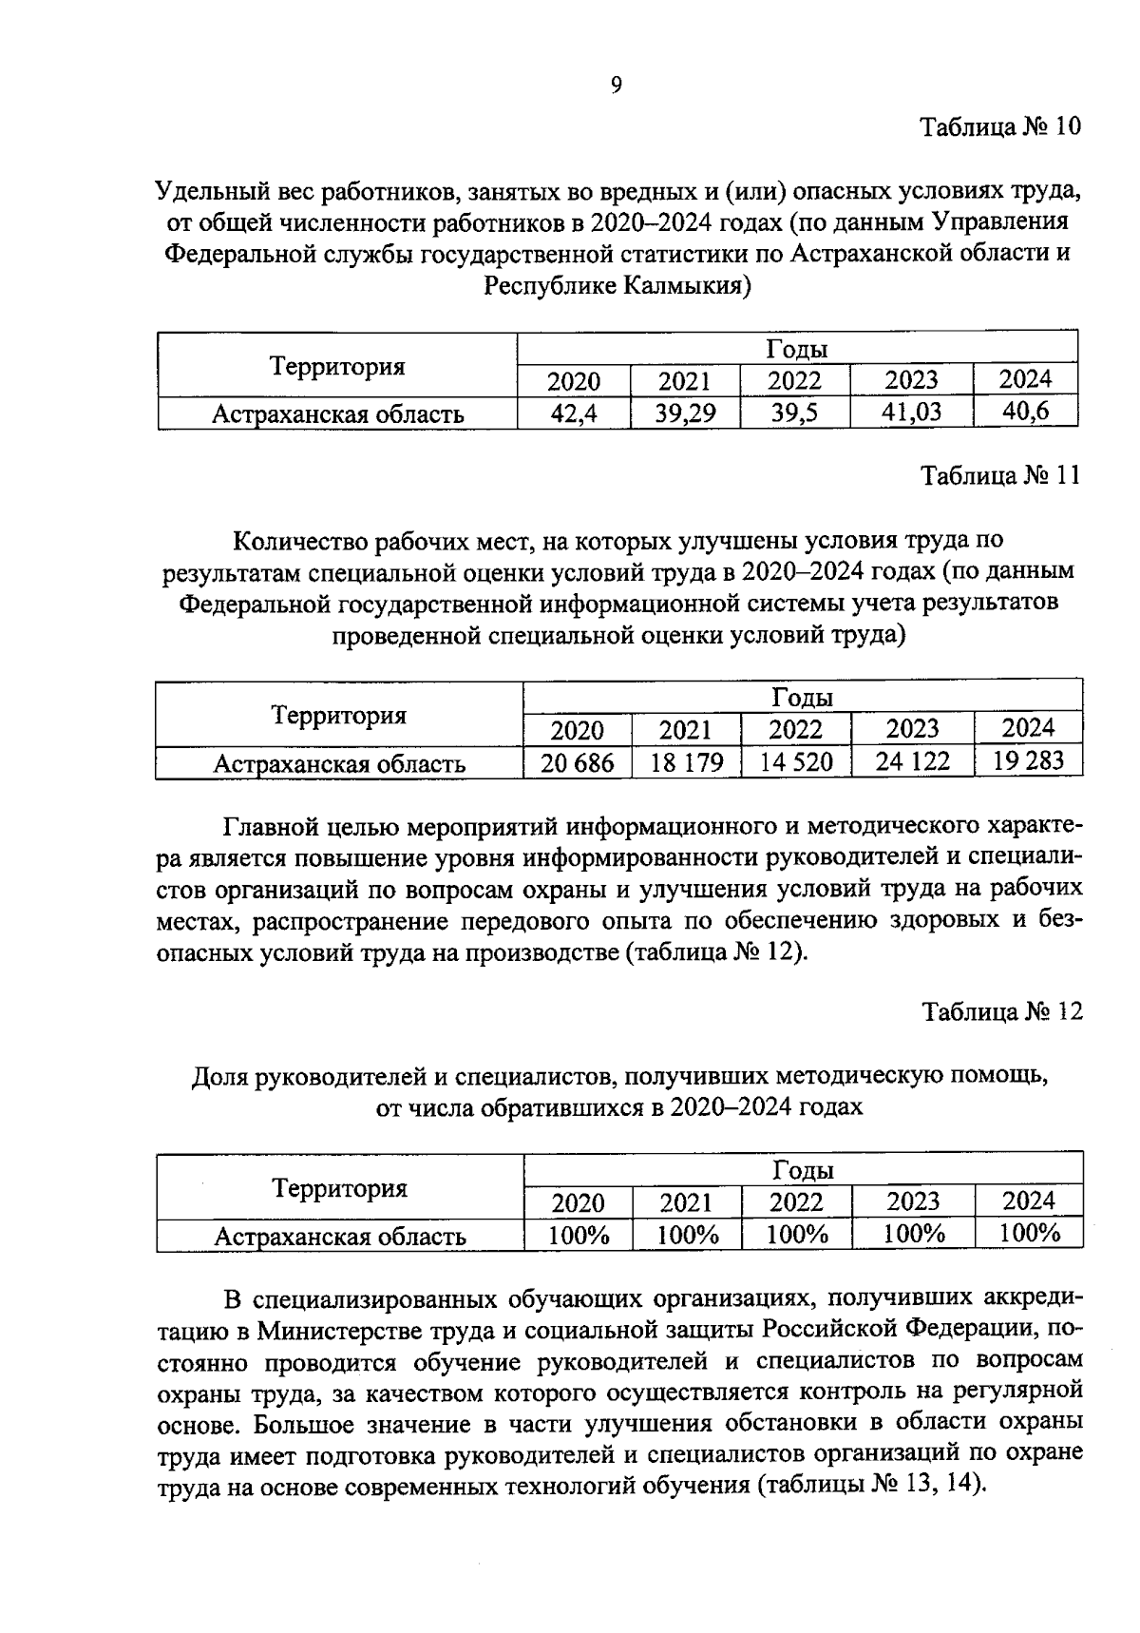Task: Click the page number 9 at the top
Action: click(x=616, y=86)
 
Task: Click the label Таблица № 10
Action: click(x=1000, y=126)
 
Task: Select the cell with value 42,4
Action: click(x=574, y=413)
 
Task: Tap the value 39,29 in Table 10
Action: click(x=684, y=413)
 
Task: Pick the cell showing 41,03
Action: click(x=911, y=413)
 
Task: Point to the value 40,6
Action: click(x=1025, y=412)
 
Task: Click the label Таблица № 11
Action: click(x=1000, y=475)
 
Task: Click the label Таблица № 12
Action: click(x=1002, y=1012)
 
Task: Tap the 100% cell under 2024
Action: click(x=1030, y=1234)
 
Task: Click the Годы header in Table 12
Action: click(x=803, y=1169)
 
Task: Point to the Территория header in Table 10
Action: click(x=337, y=367)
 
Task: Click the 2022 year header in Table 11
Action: click(x=795, y=730)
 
